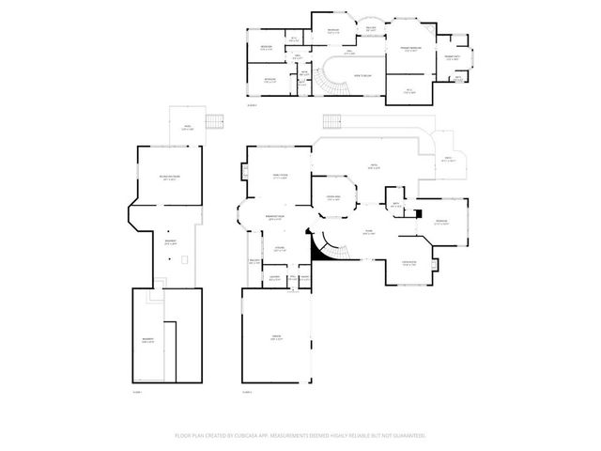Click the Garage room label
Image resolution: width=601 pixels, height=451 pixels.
tap(277, 339)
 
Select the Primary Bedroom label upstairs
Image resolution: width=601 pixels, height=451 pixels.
tap(410, 49)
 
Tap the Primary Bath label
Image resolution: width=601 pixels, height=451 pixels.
tap(452, 57)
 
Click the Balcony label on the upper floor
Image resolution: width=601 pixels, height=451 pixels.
tap(370, 28)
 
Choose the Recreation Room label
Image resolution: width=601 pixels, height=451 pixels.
tap(171, 177)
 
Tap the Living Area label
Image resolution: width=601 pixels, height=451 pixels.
tap(333, 197)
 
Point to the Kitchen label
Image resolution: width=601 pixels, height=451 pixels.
tap(279, 249)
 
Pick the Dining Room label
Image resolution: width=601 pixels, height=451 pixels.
tap(408, 263)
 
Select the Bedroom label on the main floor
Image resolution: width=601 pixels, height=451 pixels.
tap(441, 223)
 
